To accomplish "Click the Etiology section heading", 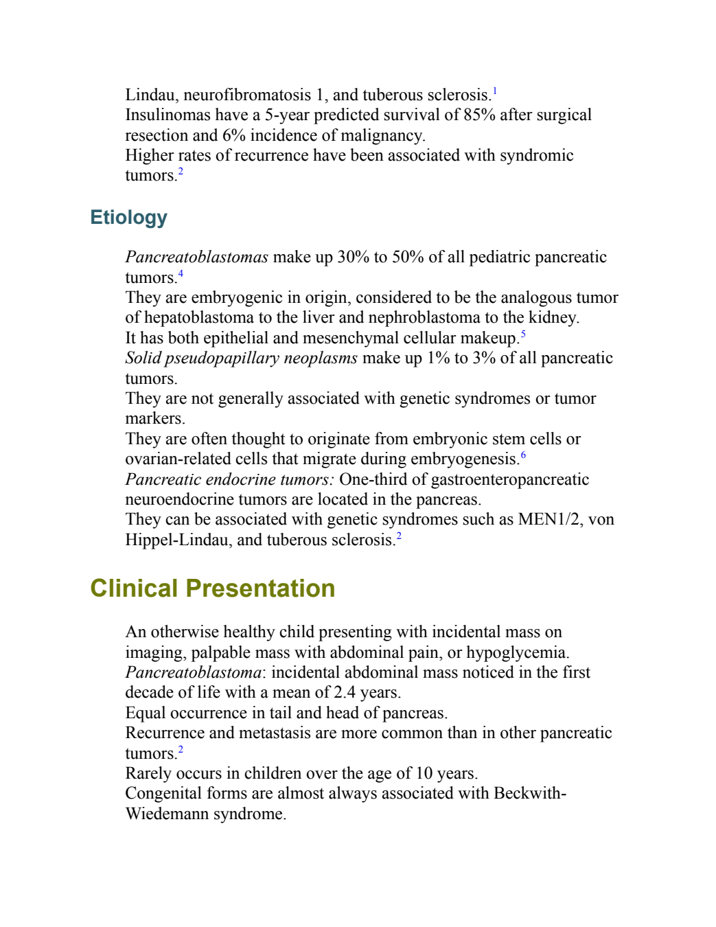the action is (x=128, y=218).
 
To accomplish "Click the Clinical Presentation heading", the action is (x=212, y=588).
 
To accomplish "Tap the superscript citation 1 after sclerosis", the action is (x=495, y=91).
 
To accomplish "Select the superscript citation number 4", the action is (x=181, y=273).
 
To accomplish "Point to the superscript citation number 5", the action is (x=523, y=334).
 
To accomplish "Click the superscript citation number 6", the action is (x=523, y=455).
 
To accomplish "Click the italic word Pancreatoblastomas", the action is (x=196, y=257).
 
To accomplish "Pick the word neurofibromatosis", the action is (x=247, y=95).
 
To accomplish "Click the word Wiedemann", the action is (x=168, y=814).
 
